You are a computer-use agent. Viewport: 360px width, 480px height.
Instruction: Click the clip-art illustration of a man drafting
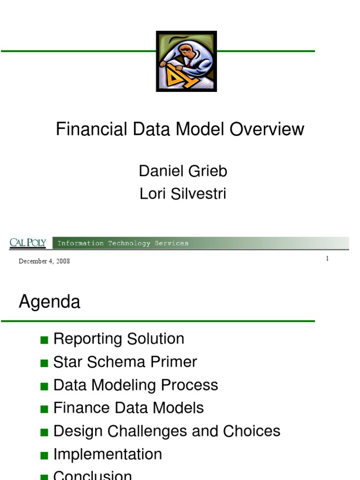186,61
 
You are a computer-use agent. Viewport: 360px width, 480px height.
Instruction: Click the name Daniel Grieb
183,171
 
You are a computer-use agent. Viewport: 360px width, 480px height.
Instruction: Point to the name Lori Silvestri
183,194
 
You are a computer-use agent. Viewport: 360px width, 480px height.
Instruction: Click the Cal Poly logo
28,243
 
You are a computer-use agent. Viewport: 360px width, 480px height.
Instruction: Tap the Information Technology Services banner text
123,243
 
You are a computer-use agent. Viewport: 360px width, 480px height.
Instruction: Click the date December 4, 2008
44,261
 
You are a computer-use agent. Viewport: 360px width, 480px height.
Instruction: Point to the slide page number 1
327,259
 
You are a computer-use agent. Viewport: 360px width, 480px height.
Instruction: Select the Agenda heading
49,302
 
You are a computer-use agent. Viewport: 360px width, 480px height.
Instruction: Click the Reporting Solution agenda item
119,339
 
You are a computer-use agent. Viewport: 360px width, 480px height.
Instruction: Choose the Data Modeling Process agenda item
135,385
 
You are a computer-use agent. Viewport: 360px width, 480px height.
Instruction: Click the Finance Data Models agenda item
128,408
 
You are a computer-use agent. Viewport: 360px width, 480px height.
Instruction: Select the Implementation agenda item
107,454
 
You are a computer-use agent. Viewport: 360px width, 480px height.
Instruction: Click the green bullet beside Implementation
45,456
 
